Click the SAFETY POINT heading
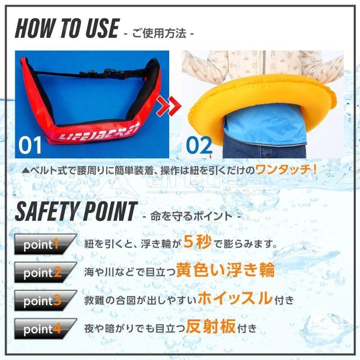(x=75, y=211)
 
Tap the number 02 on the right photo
(x=199, y=144)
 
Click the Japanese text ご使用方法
(x=159, y=33)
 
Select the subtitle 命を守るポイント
(x=191, y=216)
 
